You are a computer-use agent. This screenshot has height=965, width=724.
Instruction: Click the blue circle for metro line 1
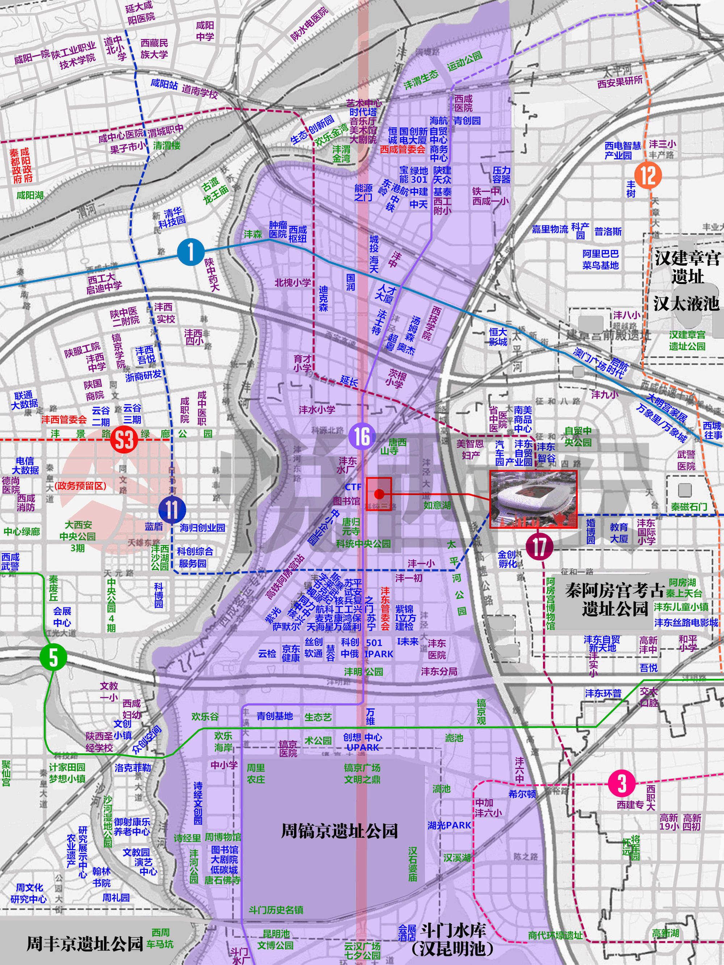pyautogui.click(x=191, y=252)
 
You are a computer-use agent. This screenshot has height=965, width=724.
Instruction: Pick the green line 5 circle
pyautogui.click(x=53, y=657)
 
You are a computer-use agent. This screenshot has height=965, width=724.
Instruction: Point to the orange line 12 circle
pyautogui.click(x=648, y=175)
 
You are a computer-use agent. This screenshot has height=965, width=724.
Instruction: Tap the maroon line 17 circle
pyautogui.click(x=539, y=546)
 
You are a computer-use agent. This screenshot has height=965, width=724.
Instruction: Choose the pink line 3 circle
pyautogui.click(x=622, y=783)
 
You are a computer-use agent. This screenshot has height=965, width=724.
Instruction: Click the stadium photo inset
pyautogui.click(x=533, y=499)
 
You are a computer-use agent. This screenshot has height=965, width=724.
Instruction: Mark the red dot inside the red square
pyautogui.click(x=379, y=494)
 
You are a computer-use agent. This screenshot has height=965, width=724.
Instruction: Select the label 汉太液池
pyautogui.click(x=686, y=304)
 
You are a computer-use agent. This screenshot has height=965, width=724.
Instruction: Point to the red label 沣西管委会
pyautogui.click(x=64, y=420)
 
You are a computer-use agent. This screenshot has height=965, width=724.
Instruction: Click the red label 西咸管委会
pyautogui.click(x=403, y=149)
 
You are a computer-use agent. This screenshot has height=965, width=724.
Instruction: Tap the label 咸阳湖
pyautogui.click(x=30, y=195)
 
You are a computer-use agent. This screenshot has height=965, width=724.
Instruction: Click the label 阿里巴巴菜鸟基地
pyautogui.click(x=601, y=259)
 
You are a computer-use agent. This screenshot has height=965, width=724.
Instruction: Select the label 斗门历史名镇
pyautogui.click(x=276, y=910)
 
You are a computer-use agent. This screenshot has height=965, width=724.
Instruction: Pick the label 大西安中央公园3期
pyautogui.click(x=78, y=536)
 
